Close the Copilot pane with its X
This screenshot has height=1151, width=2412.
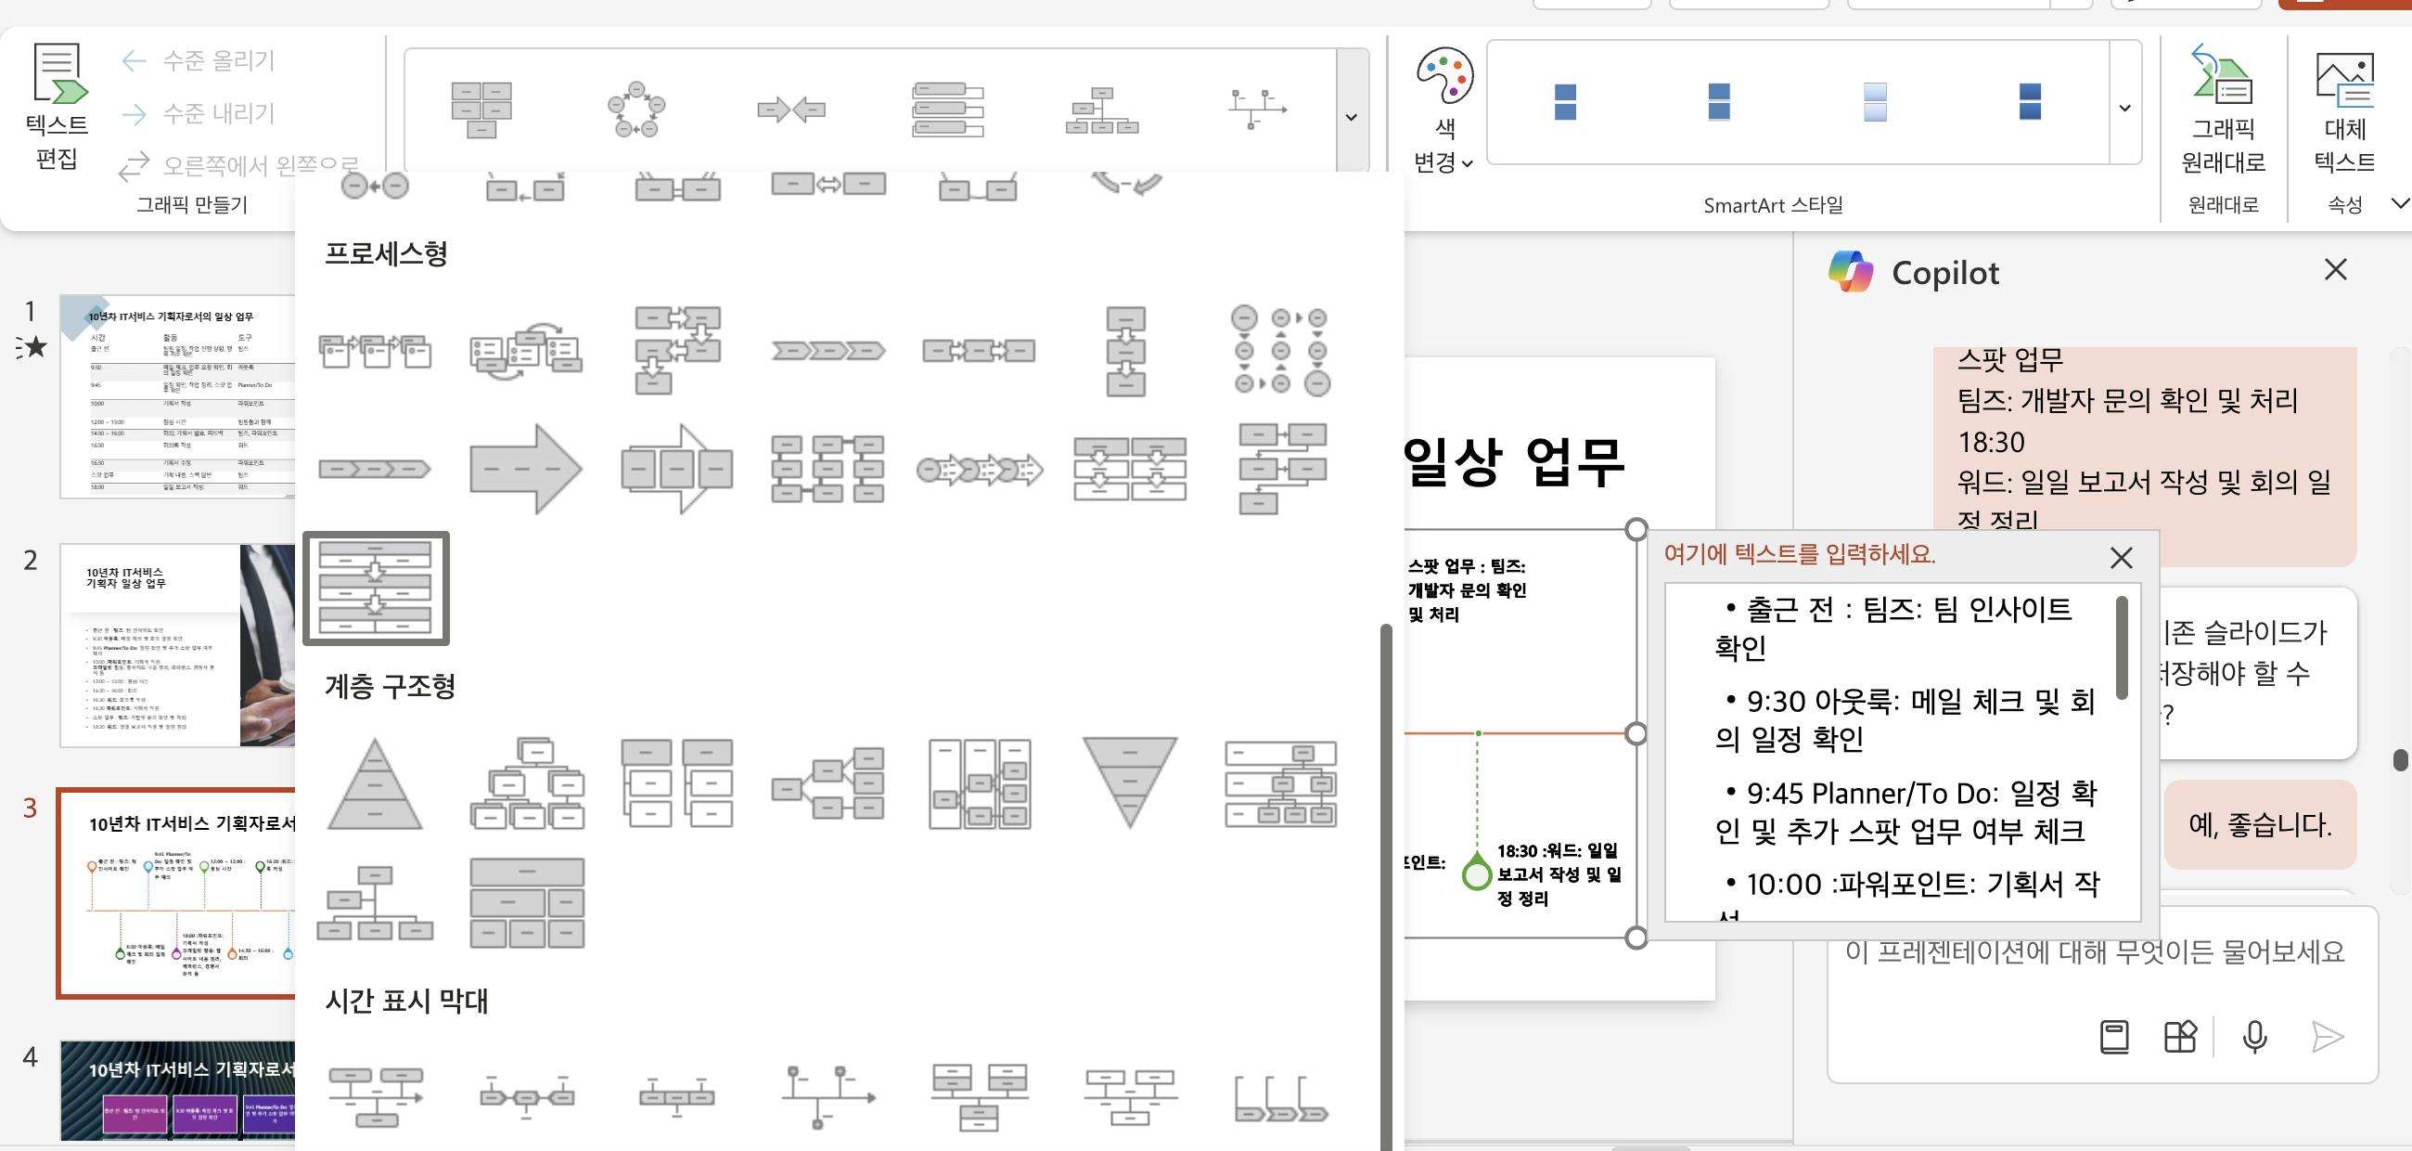click(2335, 270)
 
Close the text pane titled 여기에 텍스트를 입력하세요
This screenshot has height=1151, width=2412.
click(2121, 558)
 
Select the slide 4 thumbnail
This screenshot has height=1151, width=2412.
click(178, 1090)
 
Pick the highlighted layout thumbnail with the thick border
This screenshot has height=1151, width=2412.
click(376, 588)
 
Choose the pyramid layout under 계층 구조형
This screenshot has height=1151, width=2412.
click(375, 783)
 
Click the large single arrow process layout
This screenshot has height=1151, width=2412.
click(526, 468)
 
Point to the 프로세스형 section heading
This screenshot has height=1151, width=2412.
click(386, 252)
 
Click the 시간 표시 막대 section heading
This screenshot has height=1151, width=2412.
click(406, 1001)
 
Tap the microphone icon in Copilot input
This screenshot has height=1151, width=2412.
click(2254, 1037)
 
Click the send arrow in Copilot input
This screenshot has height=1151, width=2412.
click(2327, 1037)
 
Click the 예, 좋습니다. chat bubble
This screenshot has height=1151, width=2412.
click(2259, 825)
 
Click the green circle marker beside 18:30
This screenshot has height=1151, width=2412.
click(1477, 874)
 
